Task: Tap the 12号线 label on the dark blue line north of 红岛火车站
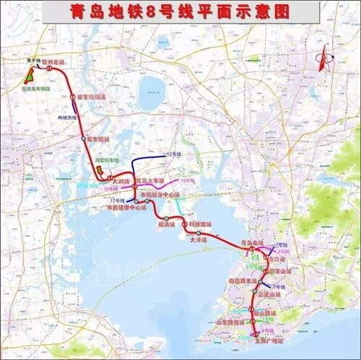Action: pos(173,154)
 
